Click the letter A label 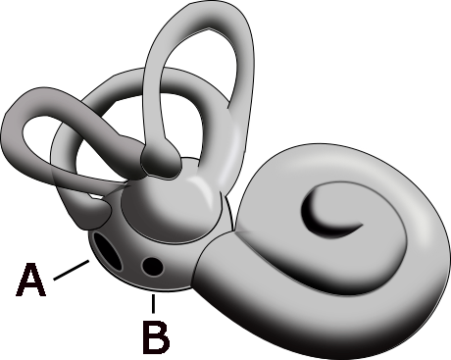31,281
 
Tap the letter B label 155,335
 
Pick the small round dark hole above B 152,265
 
